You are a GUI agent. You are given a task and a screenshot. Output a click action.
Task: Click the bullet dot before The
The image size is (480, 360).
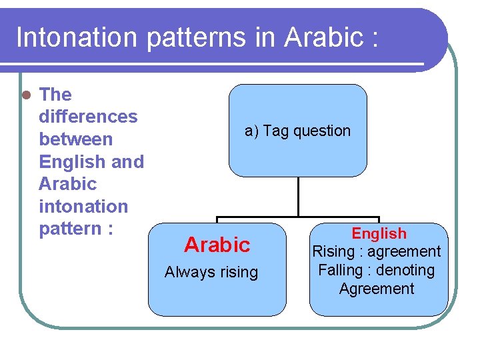(26, 95)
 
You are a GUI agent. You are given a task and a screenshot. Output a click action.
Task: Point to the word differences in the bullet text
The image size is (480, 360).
(88, 117)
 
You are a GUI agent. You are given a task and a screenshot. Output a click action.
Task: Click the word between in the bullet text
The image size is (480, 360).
(76, 139)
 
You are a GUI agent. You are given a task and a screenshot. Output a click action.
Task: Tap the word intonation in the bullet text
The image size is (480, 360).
(83, 207)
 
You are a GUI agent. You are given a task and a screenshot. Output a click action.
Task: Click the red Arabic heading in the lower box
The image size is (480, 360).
(217, 245)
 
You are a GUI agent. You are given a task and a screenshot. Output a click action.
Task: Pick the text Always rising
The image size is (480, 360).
(211, 272)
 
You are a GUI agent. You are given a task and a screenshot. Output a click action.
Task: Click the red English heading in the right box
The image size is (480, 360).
(379, 233)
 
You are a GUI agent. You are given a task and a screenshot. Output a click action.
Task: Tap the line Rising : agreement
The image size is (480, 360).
(377, 251)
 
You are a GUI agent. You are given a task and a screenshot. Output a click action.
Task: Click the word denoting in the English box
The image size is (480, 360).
(406, 270)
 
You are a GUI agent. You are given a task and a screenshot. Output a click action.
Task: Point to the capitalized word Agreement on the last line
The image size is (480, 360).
(377, 289)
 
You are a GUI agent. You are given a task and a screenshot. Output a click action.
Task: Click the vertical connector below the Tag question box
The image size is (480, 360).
(298, 197)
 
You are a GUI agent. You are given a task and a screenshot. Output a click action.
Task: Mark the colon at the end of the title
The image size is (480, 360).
(374, 39)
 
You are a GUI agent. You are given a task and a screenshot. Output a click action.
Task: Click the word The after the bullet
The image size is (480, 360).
(56, 95)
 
